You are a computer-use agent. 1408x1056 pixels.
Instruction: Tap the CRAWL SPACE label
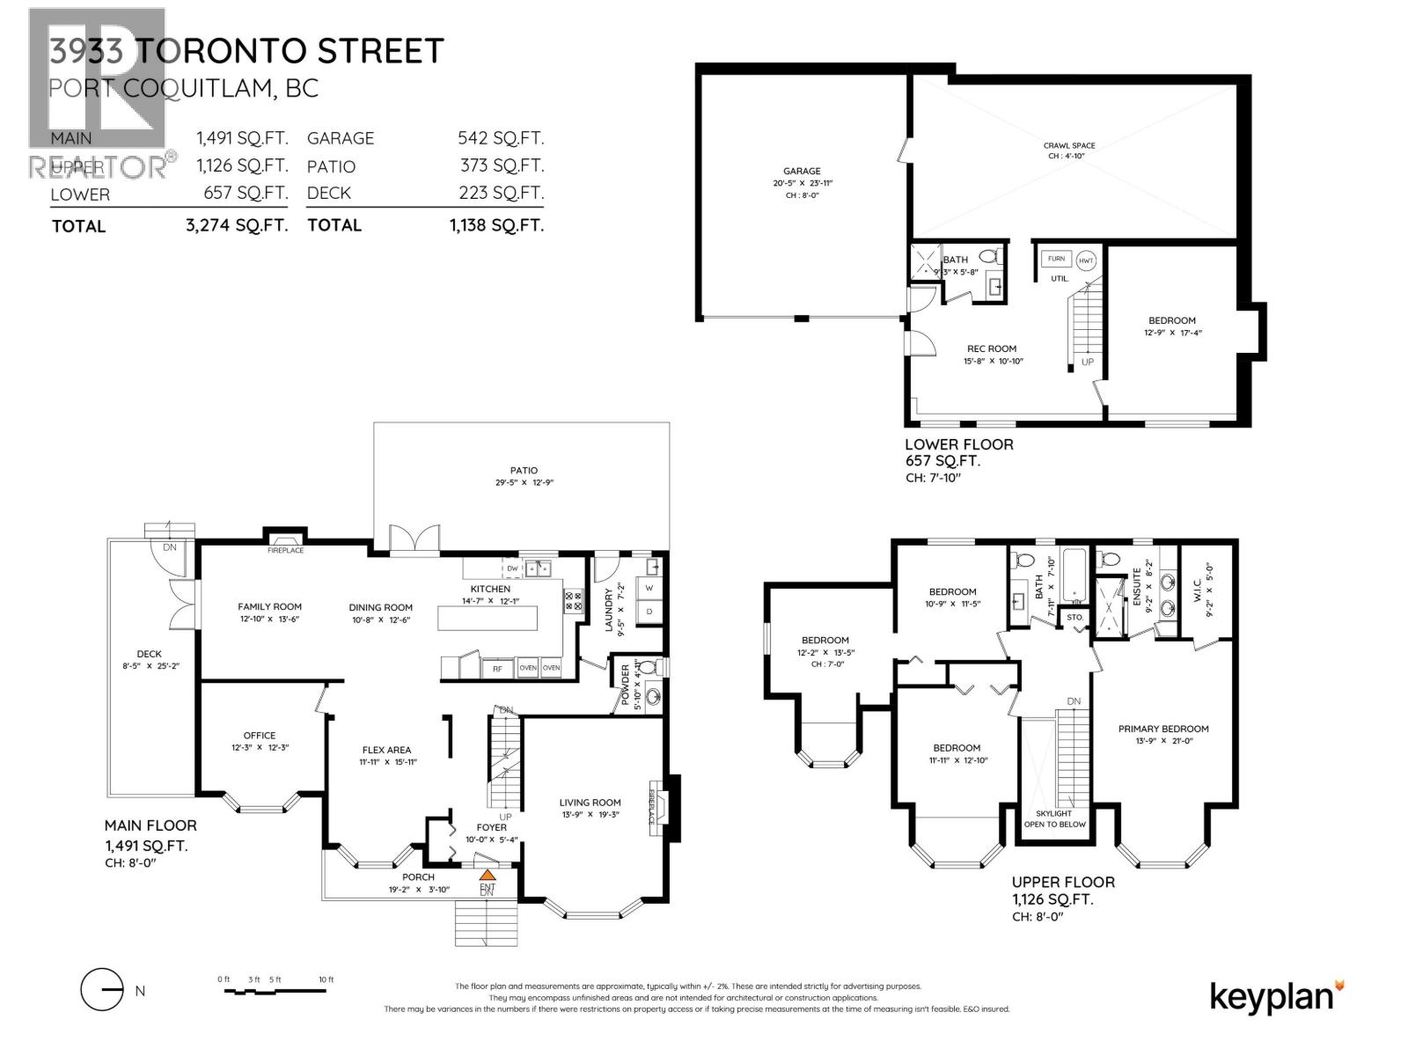[1069, 145]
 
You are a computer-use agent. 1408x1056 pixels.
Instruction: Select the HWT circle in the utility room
[1086, 260]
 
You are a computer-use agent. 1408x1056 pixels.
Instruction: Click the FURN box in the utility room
[1056, 259]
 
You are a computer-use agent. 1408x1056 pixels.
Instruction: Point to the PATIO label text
[523, 470]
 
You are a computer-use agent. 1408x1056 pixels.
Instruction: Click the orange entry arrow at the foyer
[487, 875]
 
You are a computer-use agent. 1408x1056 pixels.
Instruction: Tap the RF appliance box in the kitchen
[497, 668]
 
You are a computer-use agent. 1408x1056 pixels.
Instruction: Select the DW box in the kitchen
[512, 568]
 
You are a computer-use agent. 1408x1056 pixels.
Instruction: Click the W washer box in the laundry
[649, 588]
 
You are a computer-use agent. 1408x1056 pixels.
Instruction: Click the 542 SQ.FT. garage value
[500, 138]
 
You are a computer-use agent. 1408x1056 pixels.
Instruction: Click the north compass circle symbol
[101, 991]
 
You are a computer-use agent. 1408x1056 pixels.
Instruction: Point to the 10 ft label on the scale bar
[326, 979]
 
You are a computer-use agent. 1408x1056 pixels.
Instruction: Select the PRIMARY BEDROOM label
[1162, 729]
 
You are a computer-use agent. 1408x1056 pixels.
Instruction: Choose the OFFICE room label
[260, 735]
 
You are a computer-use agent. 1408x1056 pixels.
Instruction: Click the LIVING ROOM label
[590, 802]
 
